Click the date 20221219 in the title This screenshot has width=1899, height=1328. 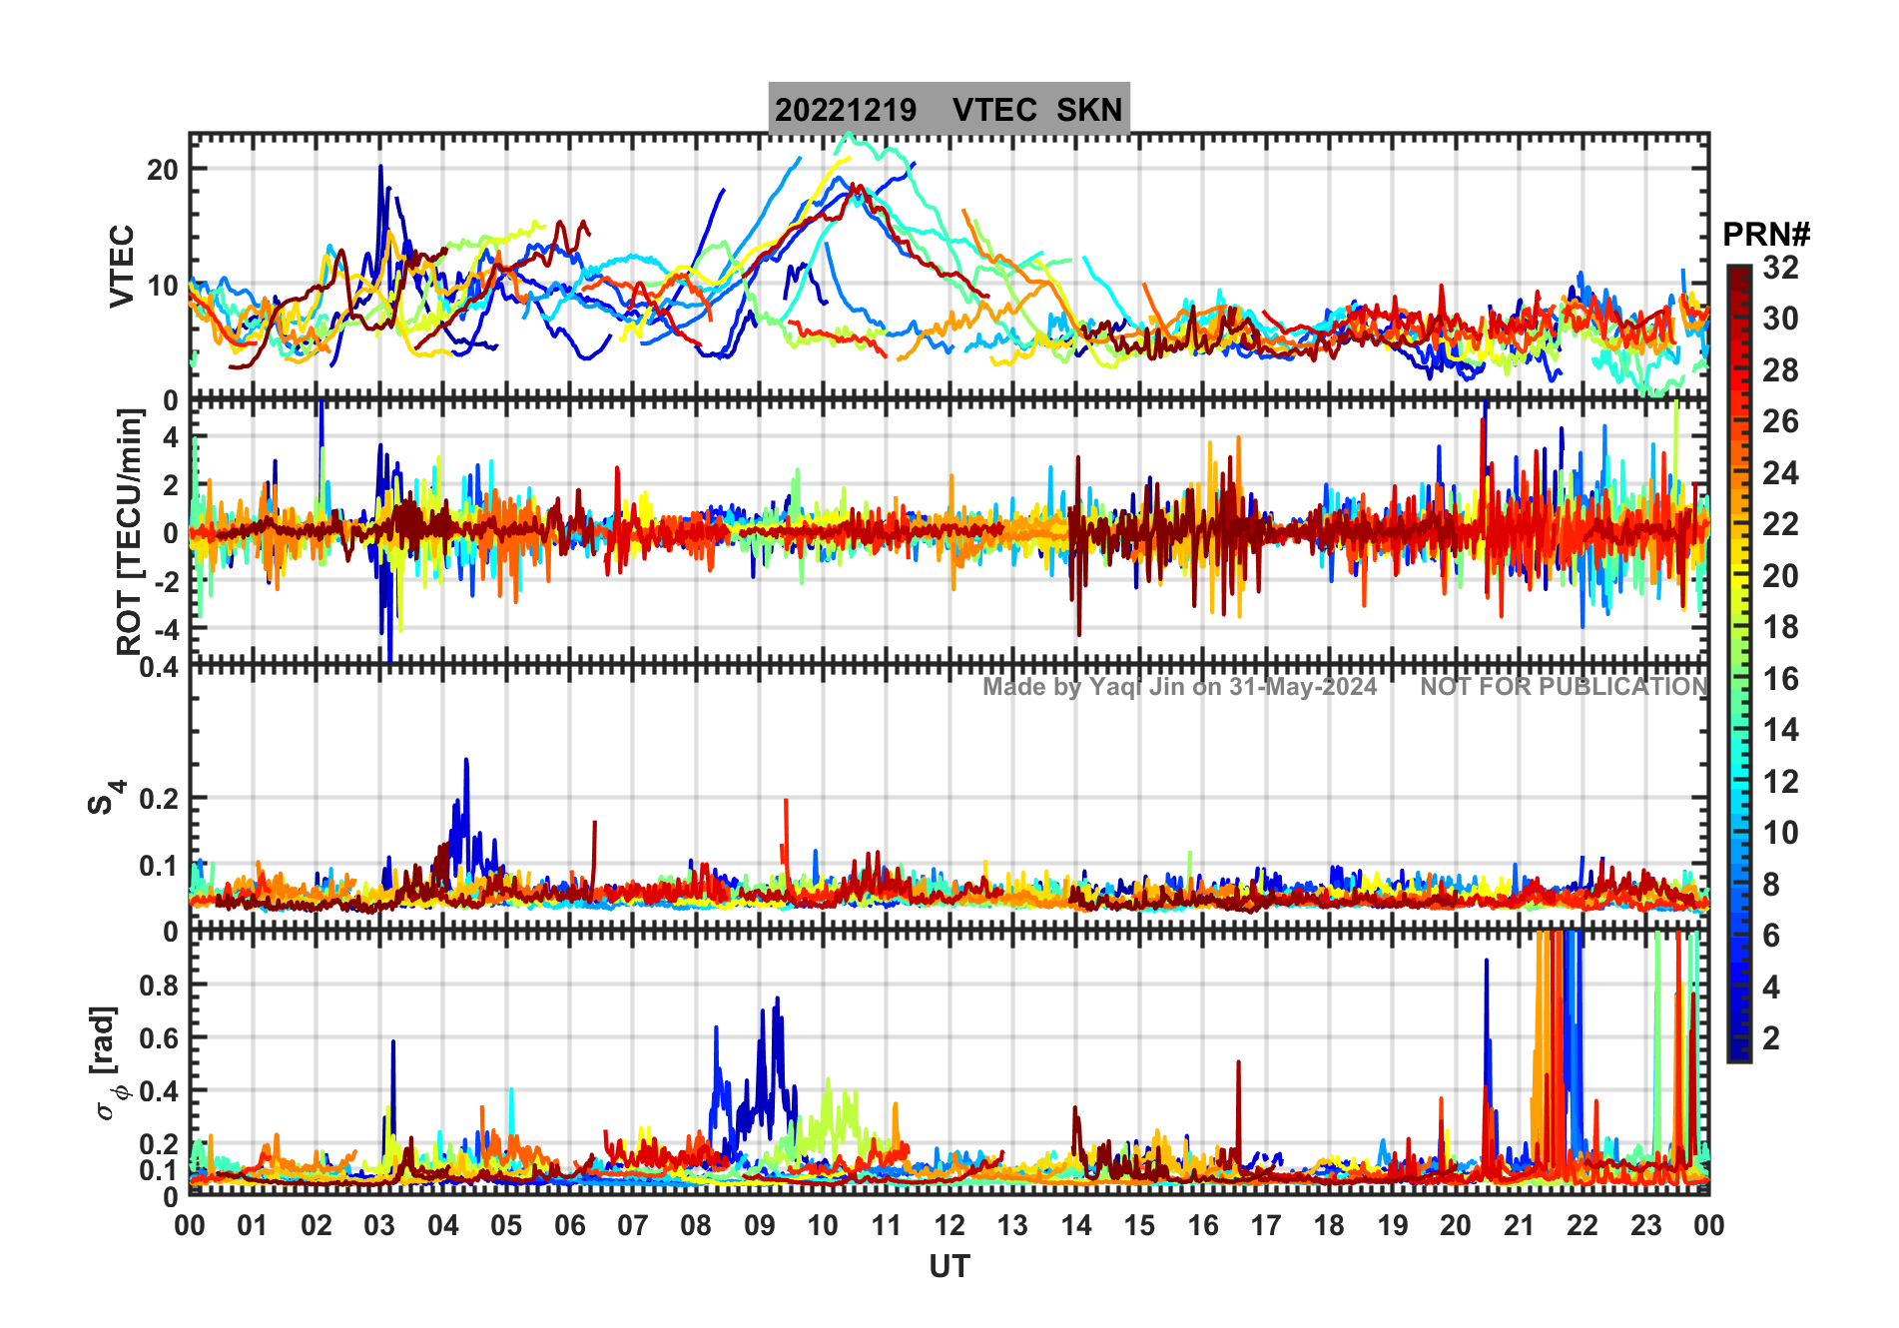pos(845,110)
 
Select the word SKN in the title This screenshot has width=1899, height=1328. pos(1089,110)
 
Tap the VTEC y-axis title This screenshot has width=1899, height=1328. pos(122,266)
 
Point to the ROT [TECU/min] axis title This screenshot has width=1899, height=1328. pos(129,531)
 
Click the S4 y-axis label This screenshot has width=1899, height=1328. pos(104,798)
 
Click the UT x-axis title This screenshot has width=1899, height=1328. pos(949,1267)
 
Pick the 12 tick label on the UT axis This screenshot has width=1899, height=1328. pos(949,1225)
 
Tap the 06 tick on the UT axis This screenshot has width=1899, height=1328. pos(569,1225)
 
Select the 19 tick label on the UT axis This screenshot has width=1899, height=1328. pos(1392,1225)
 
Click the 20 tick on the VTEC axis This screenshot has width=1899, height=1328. pos(163,170)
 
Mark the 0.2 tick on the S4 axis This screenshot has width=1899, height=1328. pos(159,799)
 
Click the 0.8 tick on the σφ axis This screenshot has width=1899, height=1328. pos(159,985)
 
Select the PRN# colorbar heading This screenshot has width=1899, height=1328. pos(1765,235)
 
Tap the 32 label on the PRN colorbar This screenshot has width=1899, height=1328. pos(1780,268)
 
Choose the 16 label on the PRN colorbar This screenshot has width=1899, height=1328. pos(1780,679)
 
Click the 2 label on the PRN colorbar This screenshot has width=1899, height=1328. pos(1771,1038)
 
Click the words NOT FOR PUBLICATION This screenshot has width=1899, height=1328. pos(1564,687)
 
